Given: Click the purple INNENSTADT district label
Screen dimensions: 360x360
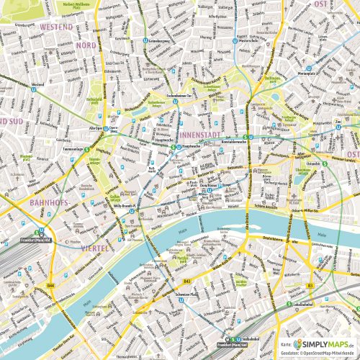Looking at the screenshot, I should (203, 135).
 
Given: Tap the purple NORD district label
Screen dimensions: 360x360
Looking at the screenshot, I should (86, 45).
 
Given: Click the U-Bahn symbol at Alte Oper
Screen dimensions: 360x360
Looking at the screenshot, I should (106, 130).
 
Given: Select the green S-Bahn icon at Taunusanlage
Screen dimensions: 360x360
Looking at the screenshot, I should (87, 149).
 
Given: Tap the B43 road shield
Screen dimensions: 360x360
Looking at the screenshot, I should (186, 281).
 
